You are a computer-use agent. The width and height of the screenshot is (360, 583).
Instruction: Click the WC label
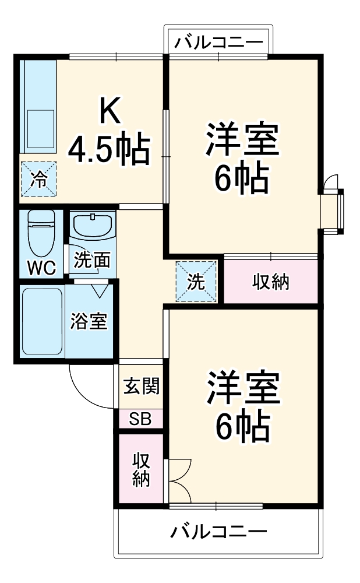click(x=41, y=268)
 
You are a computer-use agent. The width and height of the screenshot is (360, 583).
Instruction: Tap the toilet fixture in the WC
click(x=41, y=232)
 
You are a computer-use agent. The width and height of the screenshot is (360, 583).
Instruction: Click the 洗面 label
click(x=91, y=261)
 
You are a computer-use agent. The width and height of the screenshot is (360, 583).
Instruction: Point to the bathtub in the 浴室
click(x=42, y=321)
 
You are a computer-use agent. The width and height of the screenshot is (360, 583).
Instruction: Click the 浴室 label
click(x=89, y=321)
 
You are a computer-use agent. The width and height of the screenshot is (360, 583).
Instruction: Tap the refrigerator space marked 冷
click(x=39, y=178)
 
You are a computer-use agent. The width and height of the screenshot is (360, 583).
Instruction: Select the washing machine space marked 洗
click(x=196, y=282)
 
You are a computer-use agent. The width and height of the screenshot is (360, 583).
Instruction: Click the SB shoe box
click(x=140, y=419)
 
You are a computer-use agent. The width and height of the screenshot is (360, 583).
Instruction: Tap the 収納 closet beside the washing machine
click(x=271, y=282)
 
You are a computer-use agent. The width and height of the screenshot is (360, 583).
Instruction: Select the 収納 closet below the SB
click(x=141, y=469)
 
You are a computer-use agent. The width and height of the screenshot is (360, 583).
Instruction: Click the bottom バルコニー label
click(x=219, y=532)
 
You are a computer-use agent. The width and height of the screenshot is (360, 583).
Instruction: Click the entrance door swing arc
click(x=87, y=385)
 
